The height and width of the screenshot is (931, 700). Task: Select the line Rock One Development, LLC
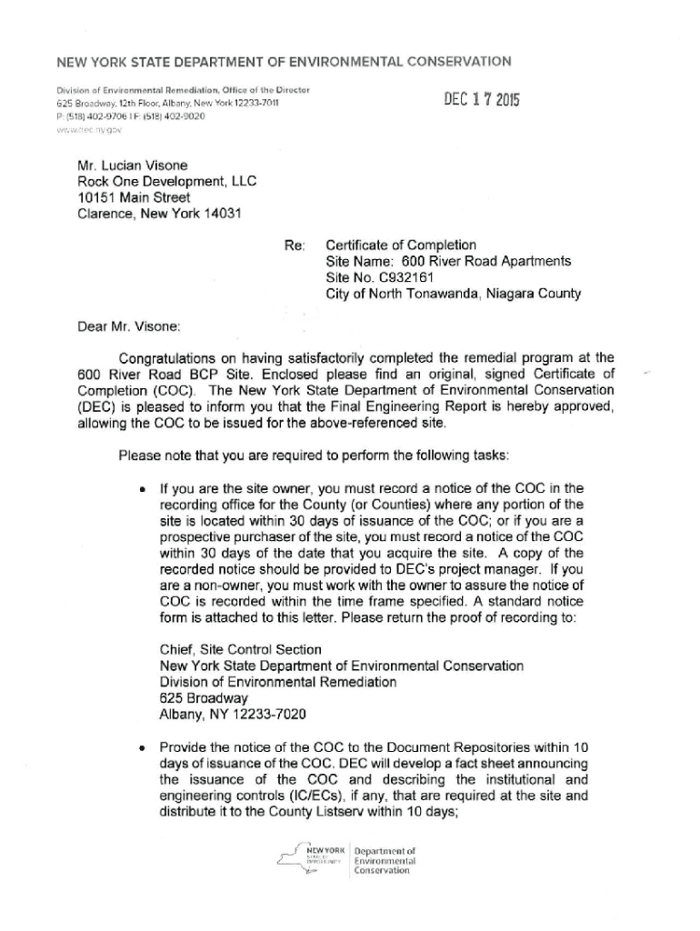167,181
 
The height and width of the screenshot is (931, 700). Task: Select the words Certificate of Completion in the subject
401,245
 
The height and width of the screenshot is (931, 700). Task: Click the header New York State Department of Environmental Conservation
284,62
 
